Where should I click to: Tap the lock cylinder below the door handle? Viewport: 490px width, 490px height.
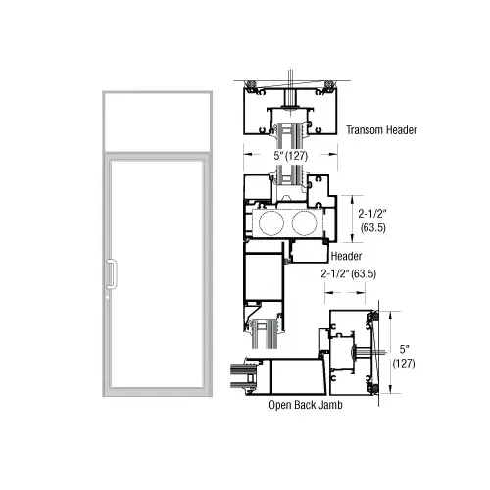coord(108,292)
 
